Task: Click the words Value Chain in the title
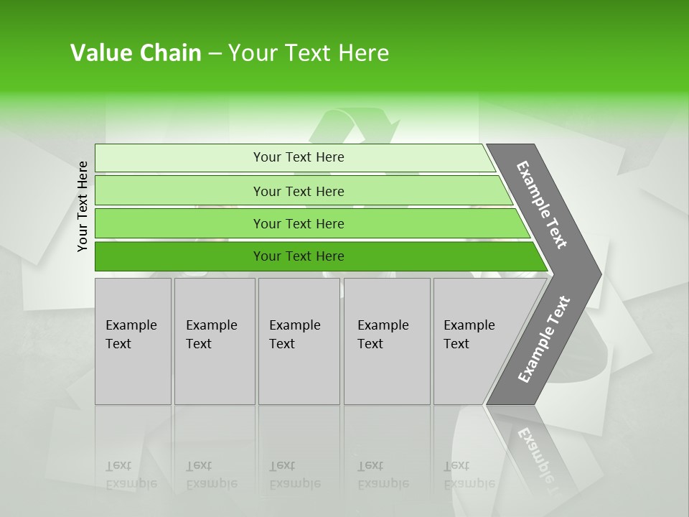pos(136,53)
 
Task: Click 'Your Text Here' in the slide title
pos(309,53)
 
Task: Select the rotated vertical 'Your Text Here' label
pos(83,207)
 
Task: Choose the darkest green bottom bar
pos(179,256)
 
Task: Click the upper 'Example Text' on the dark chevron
pos(542,205)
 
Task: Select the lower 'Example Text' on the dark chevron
pos(543,340)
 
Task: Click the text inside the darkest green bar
pos(299,256)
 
